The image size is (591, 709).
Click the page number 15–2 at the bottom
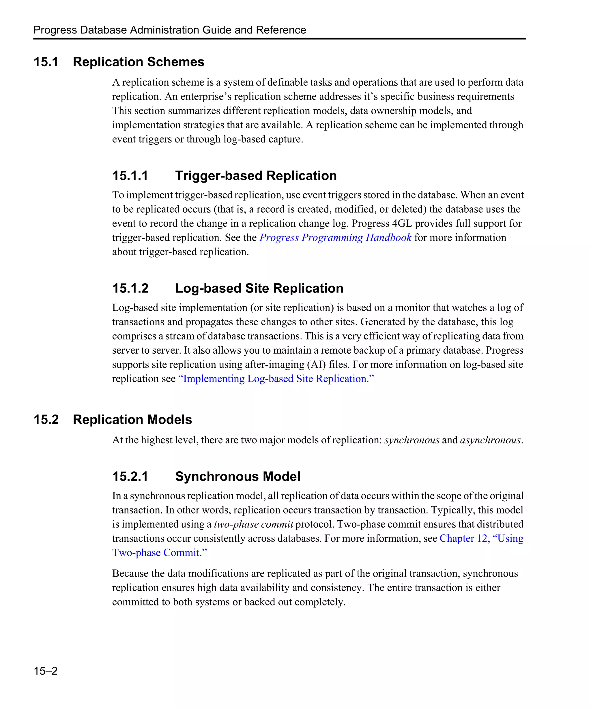point(46,671)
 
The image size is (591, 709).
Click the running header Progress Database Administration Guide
point(169,30)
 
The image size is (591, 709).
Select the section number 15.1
point(46,62)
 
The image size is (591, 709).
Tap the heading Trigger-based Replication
point(256,176)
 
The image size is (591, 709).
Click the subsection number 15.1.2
point(130,288)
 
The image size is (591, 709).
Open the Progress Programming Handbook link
point(335,238)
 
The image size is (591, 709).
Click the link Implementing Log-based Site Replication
point(276,379)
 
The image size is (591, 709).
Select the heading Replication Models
point(132,420)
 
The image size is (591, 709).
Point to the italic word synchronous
point(412,440)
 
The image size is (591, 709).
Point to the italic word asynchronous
point(490,440)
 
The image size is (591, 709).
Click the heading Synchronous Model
point(237,477)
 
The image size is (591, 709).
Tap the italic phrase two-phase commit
point(253,524)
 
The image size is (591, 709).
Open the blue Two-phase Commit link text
point(159,553)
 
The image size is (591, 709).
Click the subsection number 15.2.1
point(130,477)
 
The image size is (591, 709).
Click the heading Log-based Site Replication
point(259,288)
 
